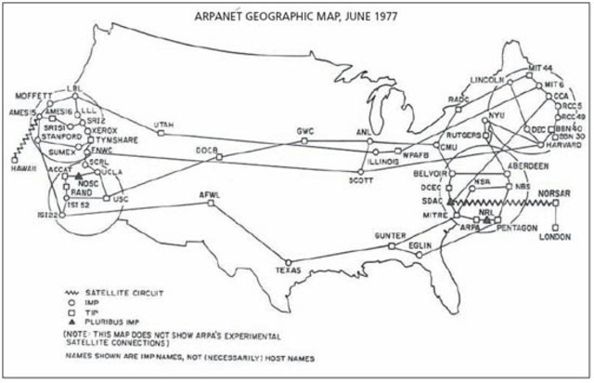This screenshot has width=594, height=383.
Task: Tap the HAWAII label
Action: tap(25, 169)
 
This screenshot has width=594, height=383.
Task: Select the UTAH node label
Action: tap(163, 122)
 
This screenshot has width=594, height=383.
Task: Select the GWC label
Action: tap(306, 129)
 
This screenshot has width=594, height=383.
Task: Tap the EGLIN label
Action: tap(420, 245)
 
